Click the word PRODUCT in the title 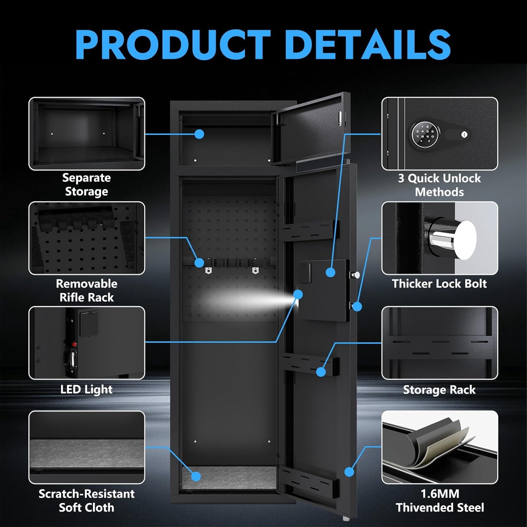[x=173, y=44]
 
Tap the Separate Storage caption [x=86, y=185]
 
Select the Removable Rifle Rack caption [x=86, y=291]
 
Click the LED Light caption [x=86, y=389]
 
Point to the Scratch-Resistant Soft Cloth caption [x=86, y=501]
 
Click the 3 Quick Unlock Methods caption [x=439, y=185]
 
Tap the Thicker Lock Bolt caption [x=439, y=284]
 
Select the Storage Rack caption [x=439, y=390]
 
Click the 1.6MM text [x=440, y=494]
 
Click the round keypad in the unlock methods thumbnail [x=424, y=134]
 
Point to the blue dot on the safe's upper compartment [x=199, y=134]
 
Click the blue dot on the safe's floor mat [x=196, y=476]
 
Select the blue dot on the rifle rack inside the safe [x=199, y=262]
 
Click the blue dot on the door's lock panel [x=330, y=272]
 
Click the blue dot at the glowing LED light [x=298, y=294]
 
